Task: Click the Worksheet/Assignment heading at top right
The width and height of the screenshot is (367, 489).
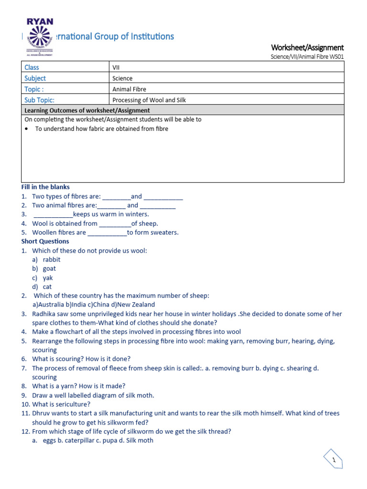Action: point(307,47)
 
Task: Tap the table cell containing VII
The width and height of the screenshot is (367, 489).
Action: point(116,67)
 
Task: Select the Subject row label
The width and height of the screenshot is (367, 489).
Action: point(35,78)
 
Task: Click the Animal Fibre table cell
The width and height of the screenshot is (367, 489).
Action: point(129,89)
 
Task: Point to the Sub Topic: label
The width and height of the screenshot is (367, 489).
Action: point(39,100)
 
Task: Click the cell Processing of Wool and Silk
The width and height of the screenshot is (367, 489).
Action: point(149,100)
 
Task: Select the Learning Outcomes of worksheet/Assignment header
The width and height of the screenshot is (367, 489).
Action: point(87,110)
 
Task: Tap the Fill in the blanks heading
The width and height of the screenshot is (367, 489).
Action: point(45,187)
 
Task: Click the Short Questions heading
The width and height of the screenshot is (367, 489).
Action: point(45,242)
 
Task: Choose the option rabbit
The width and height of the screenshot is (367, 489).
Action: point(52,260)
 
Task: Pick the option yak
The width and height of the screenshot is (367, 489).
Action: point(48,278)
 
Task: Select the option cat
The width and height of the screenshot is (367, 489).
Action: point(47,287)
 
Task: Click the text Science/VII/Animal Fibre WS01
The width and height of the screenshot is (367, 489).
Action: point(307,57)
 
